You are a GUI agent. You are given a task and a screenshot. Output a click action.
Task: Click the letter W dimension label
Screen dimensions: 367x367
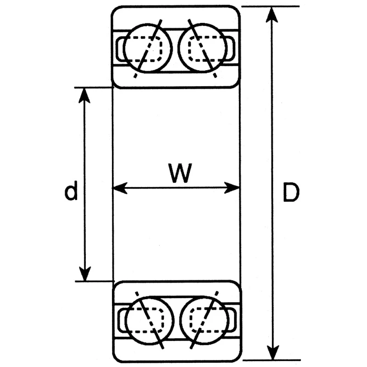pyautogui.click(x=181, y=173)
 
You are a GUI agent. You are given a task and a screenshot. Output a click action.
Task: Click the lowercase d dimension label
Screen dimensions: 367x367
pyautogui.click(x=71, y=190)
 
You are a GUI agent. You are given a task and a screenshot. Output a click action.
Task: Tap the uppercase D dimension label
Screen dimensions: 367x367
pyautogui.click(x=291, y=192)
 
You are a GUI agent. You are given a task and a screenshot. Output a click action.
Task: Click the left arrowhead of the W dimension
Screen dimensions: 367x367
pyautogui.click(x=120, y=188)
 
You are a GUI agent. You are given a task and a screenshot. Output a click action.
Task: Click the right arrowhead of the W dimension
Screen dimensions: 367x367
pyautogui.click(x=232, y=188)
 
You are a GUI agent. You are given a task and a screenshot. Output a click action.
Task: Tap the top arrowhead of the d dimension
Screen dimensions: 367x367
pyautogui.click(x=84, y=95)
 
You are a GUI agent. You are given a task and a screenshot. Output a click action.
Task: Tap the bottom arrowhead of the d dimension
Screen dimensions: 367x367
pyautogui.click(x=85, y=273)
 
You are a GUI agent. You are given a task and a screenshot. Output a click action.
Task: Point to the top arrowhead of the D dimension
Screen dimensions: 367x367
pyautogui.click(x=272, y=15)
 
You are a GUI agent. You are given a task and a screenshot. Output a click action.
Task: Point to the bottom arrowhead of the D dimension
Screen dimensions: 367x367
pyautogui.click(x=273, y=351)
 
